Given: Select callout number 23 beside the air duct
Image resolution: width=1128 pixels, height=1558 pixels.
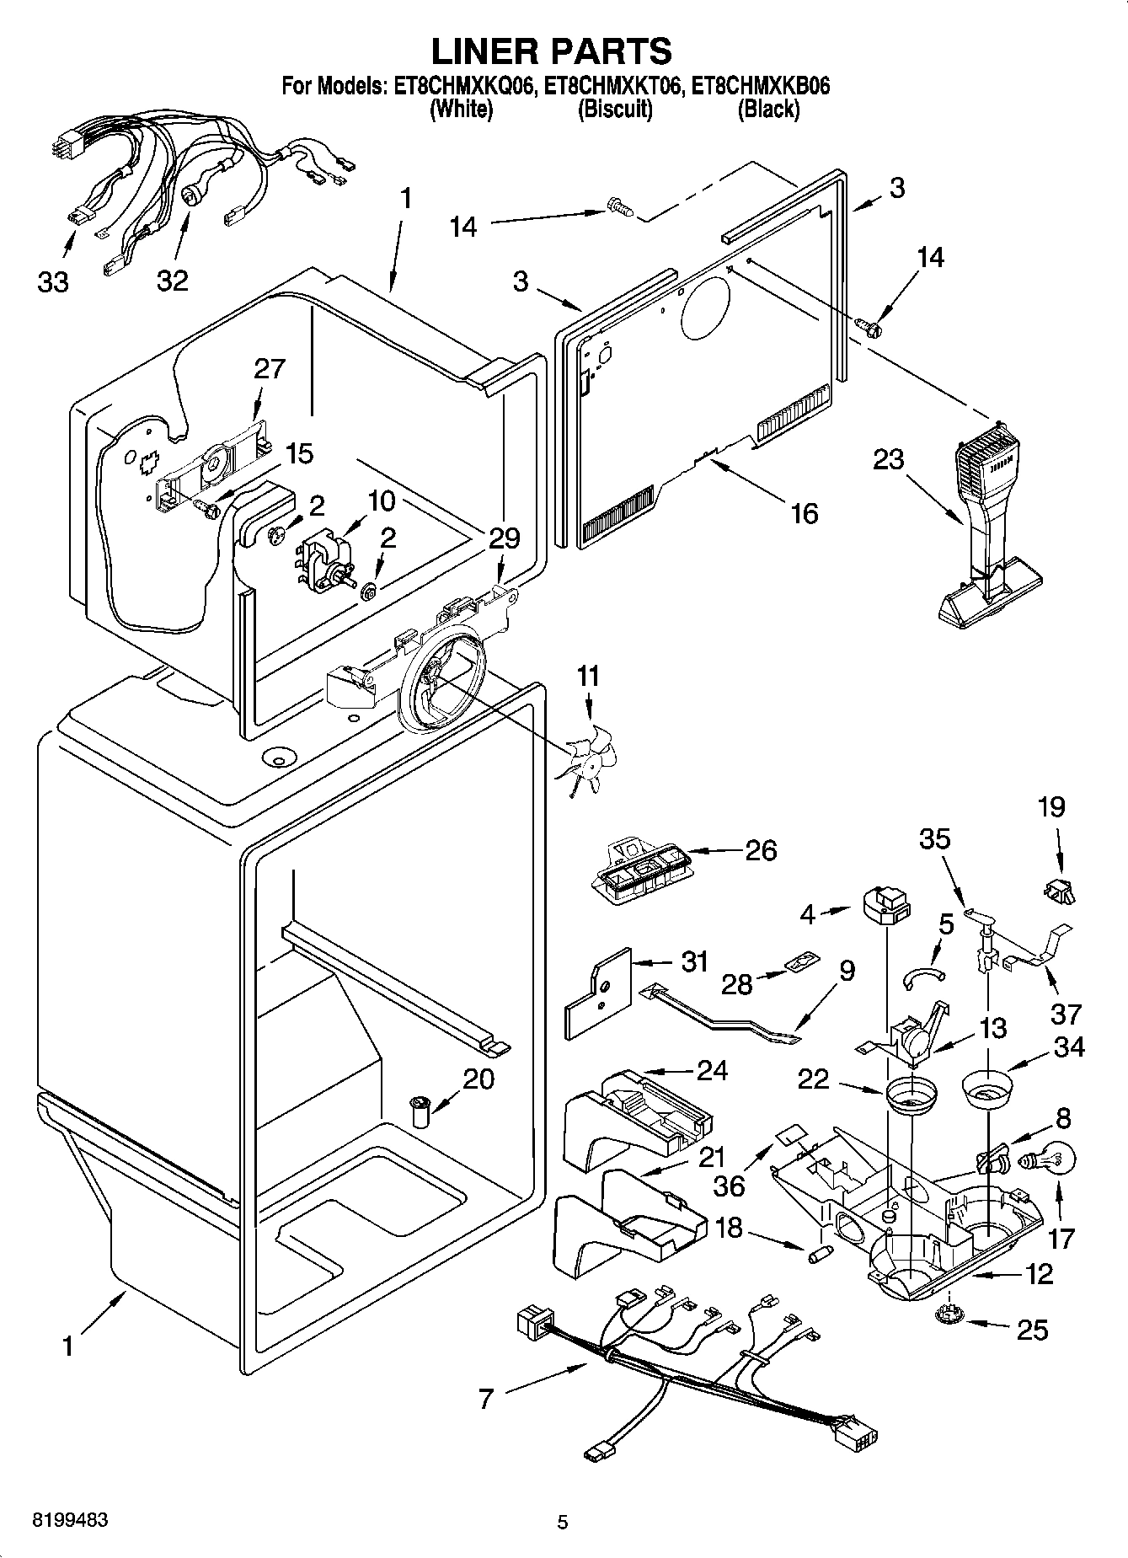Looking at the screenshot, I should point(888,460).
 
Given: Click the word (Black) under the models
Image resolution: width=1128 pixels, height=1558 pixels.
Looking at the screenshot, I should point(768,109).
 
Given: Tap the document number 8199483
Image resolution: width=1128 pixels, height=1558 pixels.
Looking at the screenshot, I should point(70,1521).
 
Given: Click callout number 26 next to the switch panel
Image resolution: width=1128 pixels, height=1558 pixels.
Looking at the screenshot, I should point(761,850).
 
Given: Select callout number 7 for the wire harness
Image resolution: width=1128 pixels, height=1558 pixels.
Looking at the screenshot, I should point(485,1400).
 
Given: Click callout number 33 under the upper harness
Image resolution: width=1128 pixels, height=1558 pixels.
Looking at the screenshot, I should point(52,281).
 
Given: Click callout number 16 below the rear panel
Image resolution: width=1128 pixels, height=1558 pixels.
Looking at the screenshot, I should point(805,513).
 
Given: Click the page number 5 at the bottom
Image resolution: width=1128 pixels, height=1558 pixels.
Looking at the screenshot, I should point(563,1522).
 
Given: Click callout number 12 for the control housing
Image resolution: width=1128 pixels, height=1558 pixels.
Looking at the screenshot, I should point(1040,1274).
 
